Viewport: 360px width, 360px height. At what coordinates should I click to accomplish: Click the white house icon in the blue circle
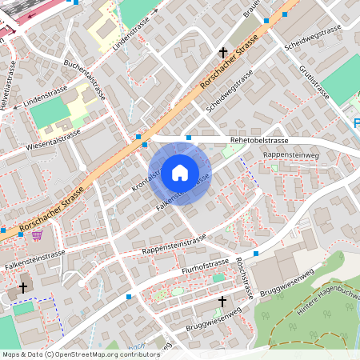click(x=179, y=172)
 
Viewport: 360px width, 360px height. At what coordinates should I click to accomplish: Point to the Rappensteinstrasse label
click(x=174, y=245)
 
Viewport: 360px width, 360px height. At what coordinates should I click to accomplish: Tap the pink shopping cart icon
click(x=37, y=234)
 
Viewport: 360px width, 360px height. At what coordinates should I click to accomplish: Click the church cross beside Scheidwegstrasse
click(x=223, y=53)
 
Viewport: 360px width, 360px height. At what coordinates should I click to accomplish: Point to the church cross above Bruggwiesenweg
click(x=222, y=301)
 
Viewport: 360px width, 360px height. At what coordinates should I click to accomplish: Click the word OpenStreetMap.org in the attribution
click(x=82, y=354)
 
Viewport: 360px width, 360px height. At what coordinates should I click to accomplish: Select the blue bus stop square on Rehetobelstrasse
click(x=189, y=138)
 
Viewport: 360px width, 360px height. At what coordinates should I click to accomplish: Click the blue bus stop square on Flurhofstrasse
click(x=256, y=254)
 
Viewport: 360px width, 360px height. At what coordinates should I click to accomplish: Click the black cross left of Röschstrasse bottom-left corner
click(x=23, y=286)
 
